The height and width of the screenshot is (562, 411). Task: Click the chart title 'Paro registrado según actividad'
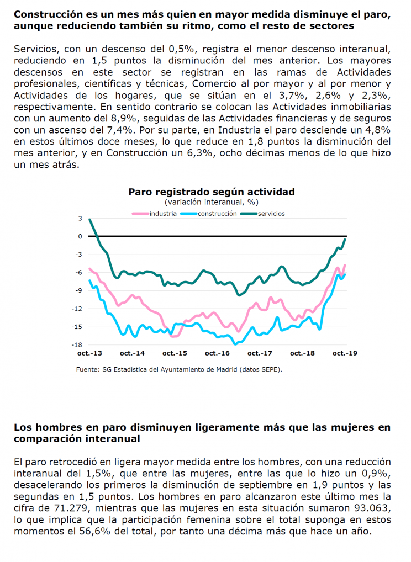pyautogui.click(x=212, y=192)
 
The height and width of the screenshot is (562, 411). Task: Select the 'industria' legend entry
pyautogui.click(x=155, y=214)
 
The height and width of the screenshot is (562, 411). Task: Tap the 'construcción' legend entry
pyautogui.click(x=209, y=214)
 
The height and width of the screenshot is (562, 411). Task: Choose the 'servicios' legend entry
pyautogui.click(x=262, y=214)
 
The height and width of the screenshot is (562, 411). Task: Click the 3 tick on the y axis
pyautogui.click(x=80, y=218)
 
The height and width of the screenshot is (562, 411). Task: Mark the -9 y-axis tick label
pyautogui.click(x=78, y=291)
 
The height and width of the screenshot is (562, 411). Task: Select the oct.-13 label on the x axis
pyautogui.click(x=89, y=353)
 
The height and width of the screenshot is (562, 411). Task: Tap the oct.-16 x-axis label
pyautogui.click(x=217, y=353)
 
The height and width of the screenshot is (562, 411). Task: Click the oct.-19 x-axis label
pyautogui.click(x=345, y=353)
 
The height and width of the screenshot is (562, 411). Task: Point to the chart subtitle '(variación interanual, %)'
pyautogui.click(x=212, y=202)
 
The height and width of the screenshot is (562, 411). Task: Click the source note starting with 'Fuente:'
pyautogui.click(x=179, y=369)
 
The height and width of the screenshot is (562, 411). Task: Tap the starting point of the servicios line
pyautogui.click(x=89, y=219)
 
